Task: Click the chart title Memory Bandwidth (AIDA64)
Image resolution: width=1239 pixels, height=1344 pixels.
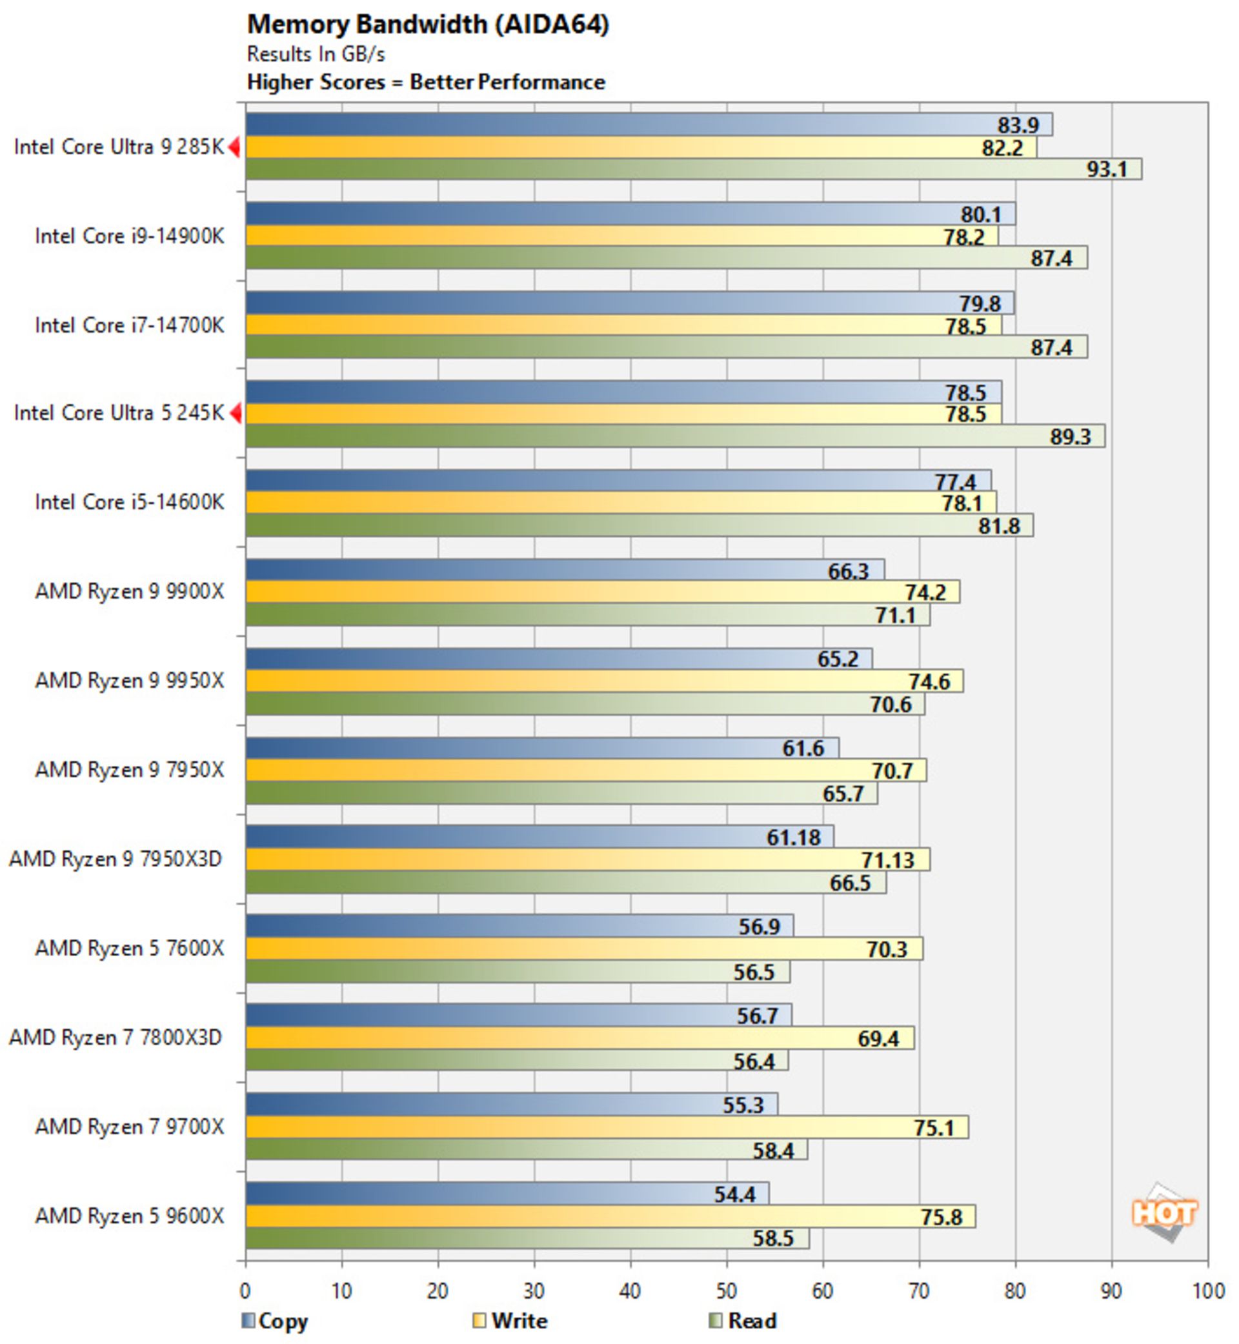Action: coord(428,25)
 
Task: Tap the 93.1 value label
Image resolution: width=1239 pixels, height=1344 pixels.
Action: coord(1107,169)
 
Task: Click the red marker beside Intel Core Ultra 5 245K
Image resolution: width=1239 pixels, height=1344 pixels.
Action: coord(235,413)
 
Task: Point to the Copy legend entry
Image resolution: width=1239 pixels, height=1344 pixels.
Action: coord(275,1321)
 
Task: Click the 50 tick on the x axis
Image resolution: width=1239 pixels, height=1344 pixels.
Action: coord(726,1291)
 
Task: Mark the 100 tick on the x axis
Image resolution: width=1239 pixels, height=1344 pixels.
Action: coord(1207,1291)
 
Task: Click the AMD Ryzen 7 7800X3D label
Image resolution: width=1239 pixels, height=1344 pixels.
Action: coord(116,1038)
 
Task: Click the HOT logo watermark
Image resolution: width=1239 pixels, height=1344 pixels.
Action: coord(1164,1213)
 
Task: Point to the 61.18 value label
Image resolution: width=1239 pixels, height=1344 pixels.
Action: coord(793,837)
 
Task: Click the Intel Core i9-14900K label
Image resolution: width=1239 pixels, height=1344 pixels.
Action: coord(130,236)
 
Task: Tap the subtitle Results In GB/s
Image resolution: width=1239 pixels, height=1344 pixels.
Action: coord(316,54)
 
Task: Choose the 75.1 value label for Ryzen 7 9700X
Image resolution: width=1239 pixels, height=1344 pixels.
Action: coord(933,1127)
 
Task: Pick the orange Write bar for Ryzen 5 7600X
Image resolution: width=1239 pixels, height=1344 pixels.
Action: coord(584,949)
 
